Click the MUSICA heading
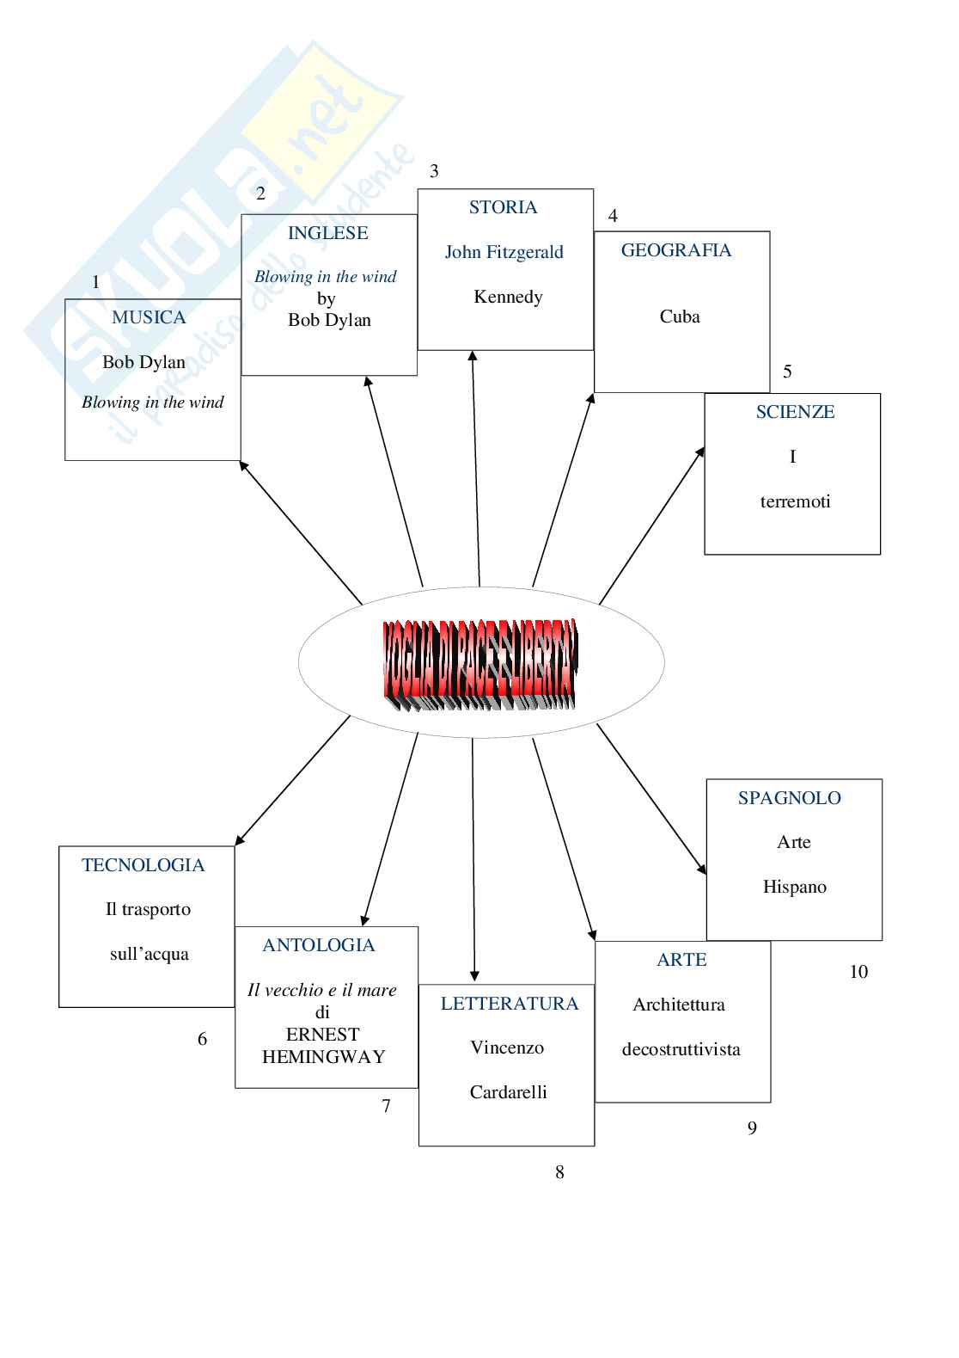149,317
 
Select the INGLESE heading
327,233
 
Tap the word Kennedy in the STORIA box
508,297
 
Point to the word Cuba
680,316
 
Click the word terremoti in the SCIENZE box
795,501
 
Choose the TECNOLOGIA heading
144,865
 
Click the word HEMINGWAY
323,1057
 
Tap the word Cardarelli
508,1092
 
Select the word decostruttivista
681,1049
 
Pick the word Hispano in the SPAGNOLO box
794,887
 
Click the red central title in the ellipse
480,663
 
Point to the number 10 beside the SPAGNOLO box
858,972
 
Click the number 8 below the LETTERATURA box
559,1172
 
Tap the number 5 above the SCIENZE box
787,372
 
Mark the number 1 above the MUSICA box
95,282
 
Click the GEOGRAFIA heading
675,250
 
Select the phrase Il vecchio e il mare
322,990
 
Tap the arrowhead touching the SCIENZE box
700,452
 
